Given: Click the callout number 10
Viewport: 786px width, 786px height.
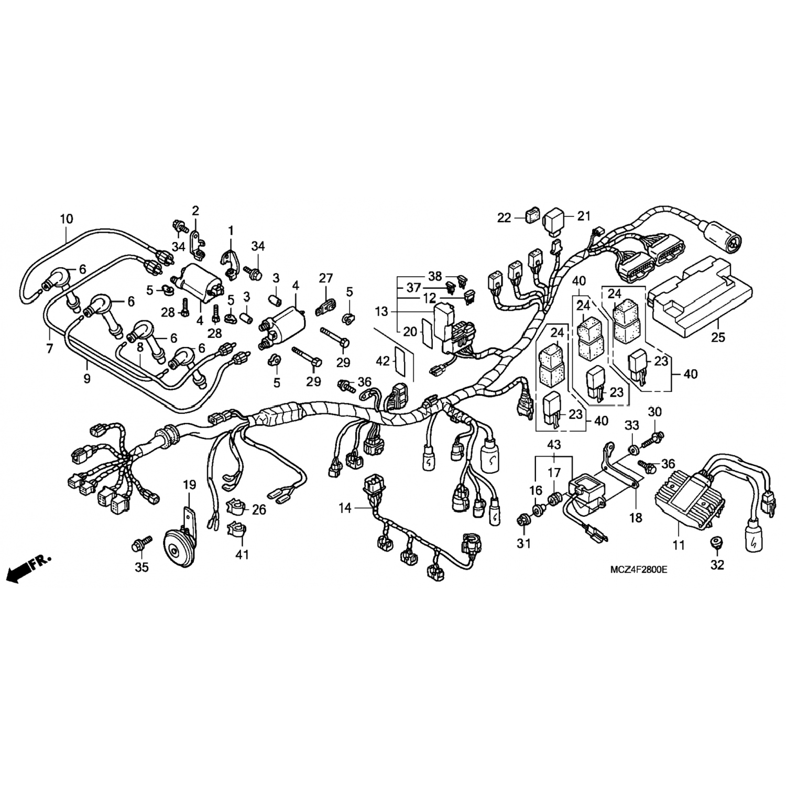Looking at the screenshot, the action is [66, 219].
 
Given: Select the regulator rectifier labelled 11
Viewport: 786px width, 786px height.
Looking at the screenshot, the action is [688, 492].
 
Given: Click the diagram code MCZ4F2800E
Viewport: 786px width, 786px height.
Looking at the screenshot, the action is [637, 570].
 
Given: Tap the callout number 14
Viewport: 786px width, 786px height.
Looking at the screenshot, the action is [345, 508].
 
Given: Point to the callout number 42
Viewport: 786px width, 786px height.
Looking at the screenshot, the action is [383, 362].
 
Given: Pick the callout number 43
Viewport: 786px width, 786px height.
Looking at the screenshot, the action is [554, 445].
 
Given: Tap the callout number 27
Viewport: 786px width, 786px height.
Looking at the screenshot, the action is [326, 278].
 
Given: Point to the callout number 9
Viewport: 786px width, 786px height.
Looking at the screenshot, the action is [87, 378].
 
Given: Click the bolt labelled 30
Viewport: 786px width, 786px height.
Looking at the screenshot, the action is [652, 439].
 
